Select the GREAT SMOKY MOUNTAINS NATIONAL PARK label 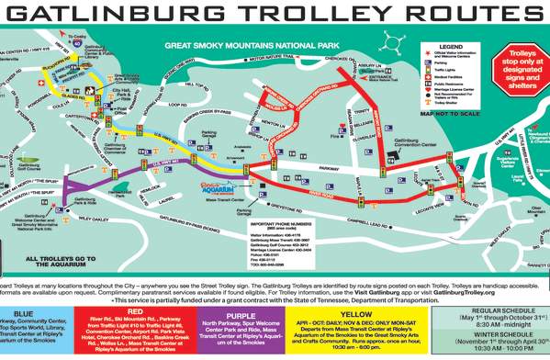242,44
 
